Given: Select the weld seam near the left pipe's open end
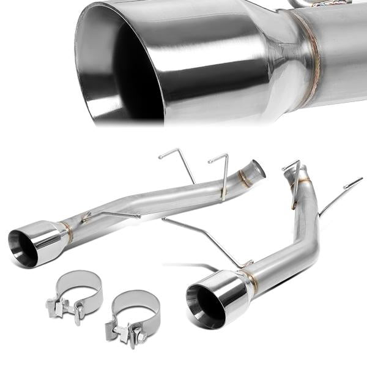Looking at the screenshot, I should [x=243, y=178].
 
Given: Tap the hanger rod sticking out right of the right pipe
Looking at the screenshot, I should [x=339, y=193].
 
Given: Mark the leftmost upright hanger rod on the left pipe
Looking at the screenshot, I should [x=180, y=162].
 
